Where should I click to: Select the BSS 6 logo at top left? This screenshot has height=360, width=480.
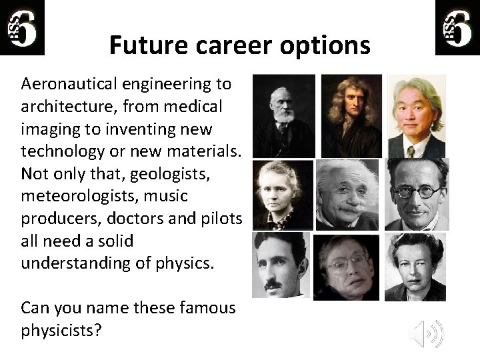tap(23, 27)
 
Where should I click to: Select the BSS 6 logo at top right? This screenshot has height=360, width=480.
tap(457, 27)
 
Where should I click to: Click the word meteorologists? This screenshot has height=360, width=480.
tap(77, 197)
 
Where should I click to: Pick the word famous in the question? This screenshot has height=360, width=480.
tap(209, 308)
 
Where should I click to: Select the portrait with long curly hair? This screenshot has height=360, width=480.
tap(351, 115)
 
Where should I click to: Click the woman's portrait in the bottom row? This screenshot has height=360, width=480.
tap(415, 267)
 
